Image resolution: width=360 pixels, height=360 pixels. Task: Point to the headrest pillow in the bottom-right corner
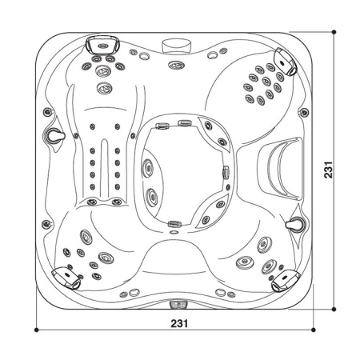(284, 281)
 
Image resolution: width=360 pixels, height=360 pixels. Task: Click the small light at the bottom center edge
(178, 305)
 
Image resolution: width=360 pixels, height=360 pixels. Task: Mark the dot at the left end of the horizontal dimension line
(37, 330)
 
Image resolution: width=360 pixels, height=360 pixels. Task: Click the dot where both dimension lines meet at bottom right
(334, 330)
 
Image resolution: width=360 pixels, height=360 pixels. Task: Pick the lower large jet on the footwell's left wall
(150, 194)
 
